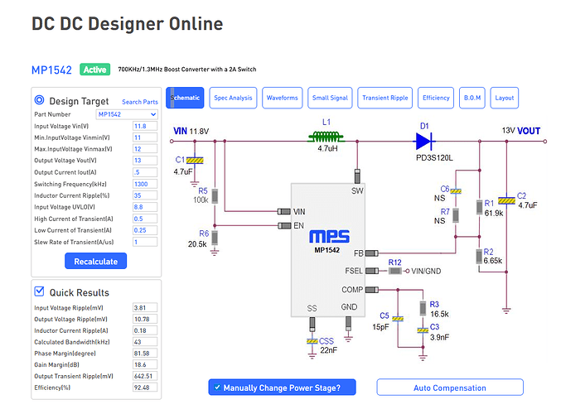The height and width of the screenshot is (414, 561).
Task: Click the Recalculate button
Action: [x=96, y=261]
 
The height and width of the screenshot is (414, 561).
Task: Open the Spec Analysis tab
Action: [x=233, y=98]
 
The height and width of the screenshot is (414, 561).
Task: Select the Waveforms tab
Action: [x=283, y=98]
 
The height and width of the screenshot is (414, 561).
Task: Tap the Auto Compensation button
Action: [x=449, y=388]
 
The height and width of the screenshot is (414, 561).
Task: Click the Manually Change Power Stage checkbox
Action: [x=217, y=388]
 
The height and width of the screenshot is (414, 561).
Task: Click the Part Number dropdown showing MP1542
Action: [x=126, y=113]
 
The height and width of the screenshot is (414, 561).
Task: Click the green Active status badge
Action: [x=95, y=70]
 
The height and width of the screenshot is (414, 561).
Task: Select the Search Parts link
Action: [x=139, y=102]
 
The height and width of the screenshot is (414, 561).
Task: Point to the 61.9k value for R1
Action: [x=495, y=213]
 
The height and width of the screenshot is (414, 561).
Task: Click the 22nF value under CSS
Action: [x=329, y=350]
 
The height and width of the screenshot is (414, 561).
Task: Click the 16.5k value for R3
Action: [x=439, y=315]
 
